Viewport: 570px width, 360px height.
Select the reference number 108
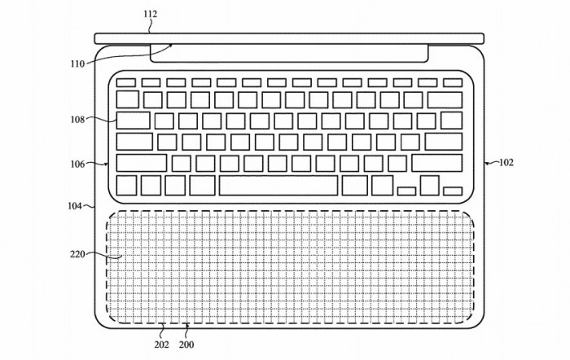tap(78, 120)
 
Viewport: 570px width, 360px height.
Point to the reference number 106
tap(78, 164)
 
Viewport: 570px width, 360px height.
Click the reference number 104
tap(74, 206)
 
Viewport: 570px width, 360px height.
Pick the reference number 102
tap(506, 162)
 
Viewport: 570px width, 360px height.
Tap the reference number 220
tap(78, 254)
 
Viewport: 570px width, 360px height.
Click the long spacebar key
tap(278, 185)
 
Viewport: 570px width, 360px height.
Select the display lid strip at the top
tap(289, 37)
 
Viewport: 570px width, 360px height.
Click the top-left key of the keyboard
tap(125, 82)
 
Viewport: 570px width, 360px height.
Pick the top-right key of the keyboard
tap(453, 82)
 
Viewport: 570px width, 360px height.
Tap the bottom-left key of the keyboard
tap(126, 185)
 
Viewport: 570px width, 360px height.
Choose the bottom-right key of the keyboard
tap(453, 191)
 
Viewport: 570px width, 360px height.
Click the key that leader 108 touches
tap(134, 121)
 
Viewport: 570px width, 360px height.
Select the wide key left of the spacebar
tap(199, 185)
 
